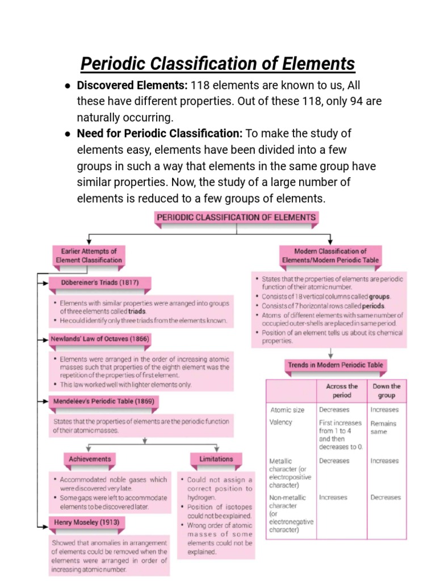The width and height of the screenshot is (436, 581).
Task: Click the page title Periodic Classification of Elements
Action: pos(217,63)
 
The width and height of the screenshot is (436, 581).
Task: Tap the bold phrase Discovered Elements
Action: pos(132,85)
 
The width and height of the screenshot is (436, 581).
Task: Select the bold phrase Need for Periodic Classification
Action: pos(160,134)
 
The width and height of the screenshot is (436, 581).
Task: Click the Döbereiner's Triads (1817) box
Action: pos(100,283)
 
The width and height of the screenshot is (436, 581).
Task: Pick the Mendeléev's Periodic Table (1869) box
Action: pos(104,401)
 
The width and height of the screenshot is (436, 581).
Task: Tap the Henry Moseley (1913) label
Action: pos(86,522)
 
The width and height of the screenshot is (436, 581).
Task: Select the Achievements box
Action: pos(90,459)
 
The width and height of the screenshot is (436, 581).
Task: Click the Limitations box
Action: pos(216,459)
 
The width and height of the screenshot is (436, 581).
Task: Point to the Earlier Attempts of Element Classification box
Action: pos(89,255)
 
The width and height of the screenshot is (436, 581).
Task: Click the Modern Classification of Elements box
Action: pos(330,255)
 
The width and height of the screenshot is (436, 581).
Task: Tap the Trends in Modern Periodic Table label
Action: pos(335,365)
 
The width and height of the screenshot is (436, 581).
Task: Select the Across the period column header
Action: pos(342,390)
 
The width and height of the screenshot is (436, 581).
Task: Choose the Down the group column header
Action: pos(386,390)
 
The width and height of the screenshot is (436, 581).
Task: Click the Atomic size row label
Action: pos(287,410)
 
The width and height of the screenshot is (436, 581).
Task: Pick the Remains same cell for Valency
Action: pos(383,427)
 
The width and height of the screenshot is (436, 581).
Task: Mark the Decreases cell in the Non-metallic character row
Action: pos(385,498)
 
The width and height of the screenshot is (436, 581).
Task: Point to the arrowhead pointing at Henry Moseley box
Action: pos(46,522)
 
